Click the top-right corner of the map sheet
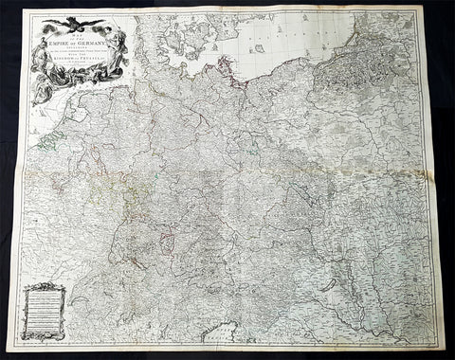[419, 9]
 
